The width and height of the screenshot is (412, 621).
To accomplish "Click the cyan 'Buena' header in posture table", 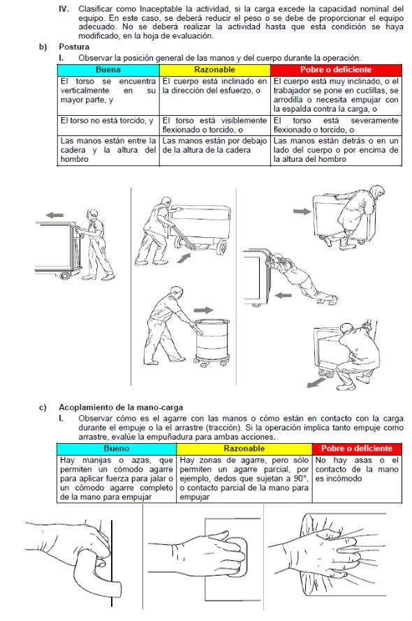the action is (x=108, y=70).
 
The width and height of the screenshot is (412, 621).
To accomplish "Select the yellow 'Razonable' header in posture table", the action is (x=214, y=70).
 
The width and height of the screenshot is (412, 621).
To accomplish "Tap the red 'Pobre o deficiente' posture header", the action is (x=336, y=70).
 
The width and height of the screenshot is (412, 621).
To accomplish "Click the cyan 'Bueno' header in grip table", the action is (x=117, y=449).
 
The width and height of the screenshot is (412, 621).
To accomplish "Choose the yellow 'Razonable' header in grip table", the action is (x=244, y=449).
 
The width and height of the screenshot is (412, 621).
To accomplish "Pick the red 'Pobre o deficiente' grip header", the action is (x=357, y=449).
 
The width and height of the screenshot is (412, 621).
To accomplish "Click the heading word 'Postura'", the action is (x=74, y=47).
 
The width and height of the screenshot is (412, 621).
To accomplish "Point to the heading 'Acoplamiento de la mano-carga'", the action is (x=121, y=407).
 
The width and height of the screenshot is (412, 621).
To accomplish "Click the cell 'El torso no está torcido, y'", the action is (x=107, y=121).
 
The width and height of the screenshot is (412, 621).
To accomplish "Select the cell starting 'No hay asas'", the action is (x=357, y=470).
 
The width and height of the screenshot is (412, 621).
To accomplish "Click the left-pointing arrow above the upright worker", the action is (x=54, y=215).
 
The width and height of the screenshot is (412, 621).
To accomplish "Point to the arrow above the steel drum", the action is (x=203, y=310).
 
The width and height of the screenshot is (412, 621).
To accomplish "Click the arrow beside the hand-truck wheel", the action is (x=183, y=258).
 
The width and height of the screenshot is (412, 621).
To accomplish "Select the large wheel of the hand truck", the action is (x=221, y=248).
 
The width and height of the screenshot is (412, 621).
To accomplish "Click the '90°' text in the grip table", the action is (x=300, y=479).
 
